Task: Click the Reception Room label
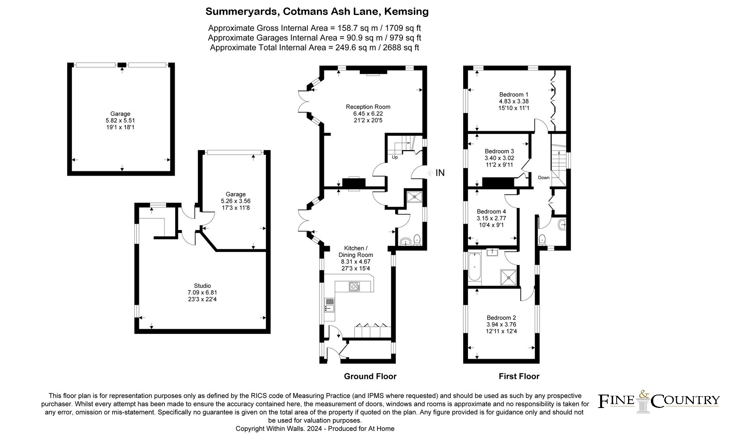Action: click(x=368, y=107)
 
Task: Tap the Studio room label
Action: click(x=202, y=286)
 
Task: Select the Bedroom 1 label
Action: click(x=514, y=95)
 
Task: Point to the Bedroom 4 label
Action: click(x=491, y=211)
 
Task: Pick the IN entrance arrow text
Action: click(x=440, y=172)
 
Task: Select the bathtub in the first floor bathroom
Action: click(x=475, y=267)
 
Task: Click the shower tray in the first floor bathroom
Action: click(x=509, y=277)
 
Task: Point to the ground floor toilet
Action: click(x=417, y=240)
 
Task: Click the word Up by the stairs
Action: click(x=395, y=158)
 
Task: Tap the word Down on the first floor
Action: click(x=544, y=178)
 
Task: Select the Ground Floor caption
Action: click(x=370, y=376)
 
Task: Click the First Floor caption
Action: click(x=519, y=376)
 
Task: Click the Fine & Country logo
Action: click(x=659, y=401)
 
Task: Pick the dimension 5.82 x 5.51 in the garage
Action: click(x=120, y=121)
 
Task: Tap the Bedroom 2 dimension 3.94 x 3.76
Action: click(x=501, y=324)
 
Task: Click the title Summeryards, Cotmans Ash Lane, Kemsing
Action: click(x=317, y=12)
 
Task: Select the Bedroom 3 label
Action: click(x=499, y=151)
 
